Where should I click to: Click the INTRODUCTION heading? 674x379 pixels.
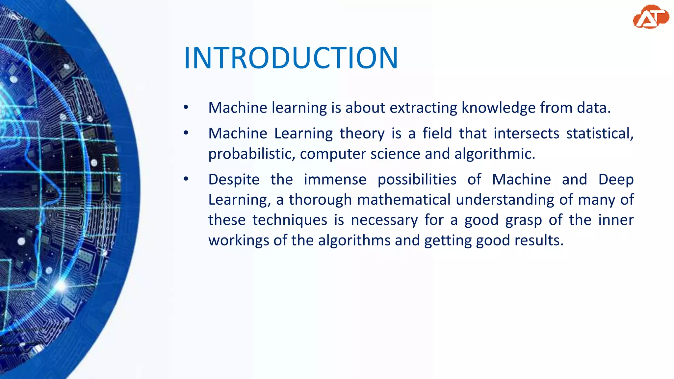point(291,58)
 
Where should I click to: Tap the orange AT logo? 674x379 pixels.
point(650,17)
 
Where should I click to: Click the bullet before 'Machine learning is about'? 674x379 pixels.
point(186,107)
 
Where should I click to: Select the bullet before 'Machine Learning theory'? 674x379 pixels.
point(186,133)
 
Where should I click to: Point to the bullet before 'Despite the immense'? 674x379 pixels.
point(186,179)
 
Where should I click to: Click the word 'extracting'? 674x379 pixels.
point(424,108)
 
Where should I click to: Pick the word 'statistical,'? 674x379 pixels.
point(600,134)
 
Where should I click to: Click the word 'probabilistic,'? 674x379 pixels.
point(252,154)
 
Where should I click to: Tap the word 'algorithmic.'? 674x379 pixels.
point(495,154)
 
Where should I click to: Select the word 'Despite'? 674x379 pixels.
point(234,180)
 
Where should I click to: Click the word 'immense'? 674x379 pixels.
point(335,180)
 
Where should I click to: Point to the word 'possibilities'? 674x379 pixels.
point(417,180)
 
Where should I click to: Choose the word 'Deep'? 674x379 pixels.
point(616,180)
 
